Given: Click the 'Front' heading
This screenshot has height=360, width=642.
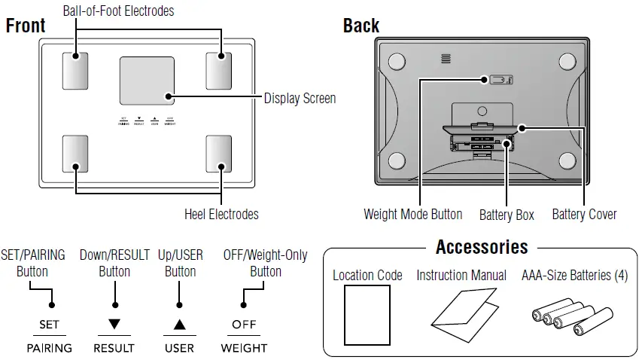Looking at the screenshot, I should pyautogui.click(x=26, y=26).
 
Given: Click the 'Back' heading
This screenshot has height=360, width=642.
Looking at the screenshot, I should pyautogui.click(x=361, y=26).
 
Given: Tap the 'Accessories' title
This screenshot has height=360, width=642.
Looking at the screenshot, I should pyautogui.click(x=482, y=247).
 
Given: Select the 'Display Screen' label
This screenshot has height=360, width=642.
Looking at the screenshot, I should pyautogui.click(x=299, y=99).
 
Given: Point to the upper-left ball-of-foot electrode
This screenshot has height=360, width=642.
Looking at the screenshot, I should pyautogui.click(x=76, y=71).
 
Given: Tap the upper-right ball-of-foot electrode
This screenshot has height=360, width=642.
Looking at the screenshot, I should pyautogui.click(x=220, y=71).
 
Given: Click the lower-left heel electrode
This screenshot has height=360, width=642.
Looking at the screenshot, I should pyautogui.click(x=76, y=154).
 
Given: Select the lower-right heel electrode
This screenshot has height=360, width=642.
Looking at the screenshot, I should pyautogui.click(x=220, y=154).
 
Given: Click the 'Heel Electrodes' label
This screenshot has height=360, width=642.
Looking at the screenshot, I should pyautogui.click(x=221, y=215).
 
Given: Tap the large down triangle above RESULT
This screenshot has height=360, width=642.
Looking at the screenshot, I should pyautogui.click(x=114, y=325).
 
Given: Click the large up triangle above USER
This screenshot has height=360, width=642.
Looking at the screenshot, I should pyautogui.click(x=179, y=325).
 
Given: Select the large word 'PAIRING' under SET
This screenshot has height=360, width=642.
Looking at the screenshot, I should pyautogui.click(x=50, y=348).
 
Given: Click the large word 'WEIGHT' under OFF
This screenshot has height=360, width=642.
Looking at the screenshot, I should pyautogui.click(x=244, y=348).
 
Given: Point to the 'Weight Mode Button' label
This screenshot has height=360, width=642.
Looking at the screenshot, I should pyautogui.click(x=412, y=215).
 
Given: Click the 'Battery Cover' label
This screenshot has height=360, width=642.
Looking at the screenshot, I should pyautogui.click(x=584, y=215).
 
